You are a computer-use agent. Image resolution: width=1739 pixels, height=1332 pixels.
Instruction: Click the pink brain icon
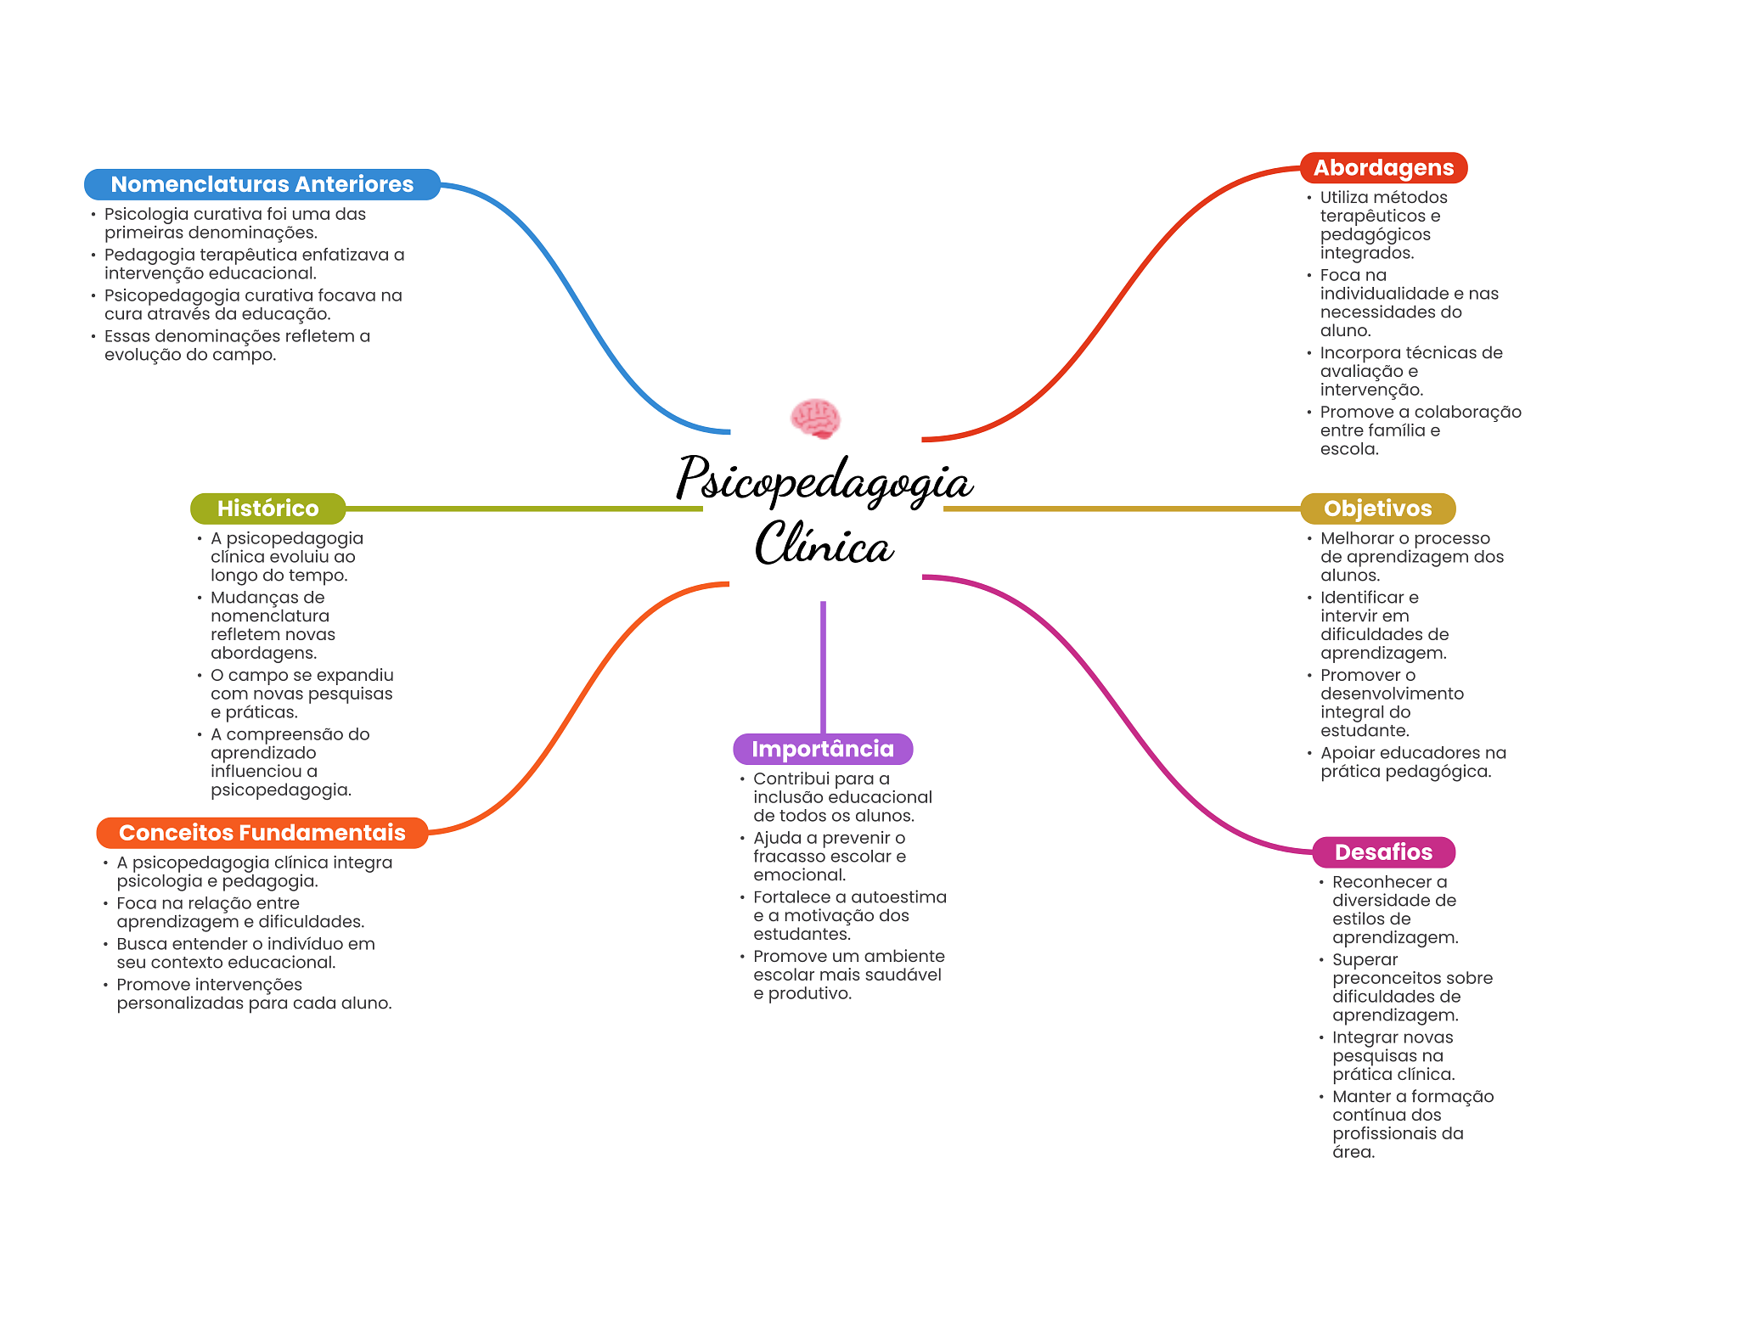tap(815, 419)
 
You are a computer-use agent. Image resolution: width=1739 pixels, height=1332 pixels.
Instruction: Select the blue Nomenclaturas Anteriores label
tap(262, 184)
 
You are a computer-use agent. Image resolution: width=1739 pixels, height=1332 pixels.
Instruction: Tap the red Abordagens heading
tap(1383, 168)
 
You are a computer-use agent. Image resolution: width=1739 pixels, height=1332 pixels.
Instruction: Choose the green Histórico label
tap(267, 509)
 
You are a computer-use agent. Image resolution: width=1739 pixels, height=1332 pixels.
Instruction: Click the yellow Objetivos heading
tap(1377, 509)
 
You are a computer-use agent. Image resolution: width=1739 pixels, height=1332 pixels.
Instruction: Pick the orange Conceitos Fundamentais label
tap(262, 833)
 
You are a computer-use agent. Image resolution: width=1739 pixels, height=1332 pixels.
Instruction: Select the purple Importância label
tap(822, 749)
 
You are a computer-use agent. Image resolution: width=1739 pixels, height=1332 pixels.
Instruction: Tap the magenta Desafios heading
tap(1383, 852)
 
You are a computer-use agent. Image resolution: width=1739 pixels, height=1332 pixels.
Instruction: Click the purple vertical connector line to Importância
tap(823, 666)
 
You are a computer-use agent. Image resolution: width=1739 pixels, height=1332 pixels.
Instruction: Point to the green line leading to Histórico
tap(522, 509)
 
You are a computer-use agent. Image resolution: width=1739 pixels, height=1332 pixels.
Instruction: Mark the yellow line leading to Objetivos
tap(1121, 509)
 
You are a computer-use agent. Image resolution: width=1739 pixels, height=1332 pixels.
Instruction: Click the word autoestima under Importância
tap(898, 897)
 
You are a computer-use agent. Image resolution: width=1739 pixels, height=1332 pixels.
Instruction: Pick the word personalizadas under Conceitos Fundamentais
tap(178, 1003)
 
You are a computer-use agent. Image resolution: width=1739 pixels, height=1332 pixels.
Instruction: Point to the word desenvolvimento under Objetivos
tap(1392, 694)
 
